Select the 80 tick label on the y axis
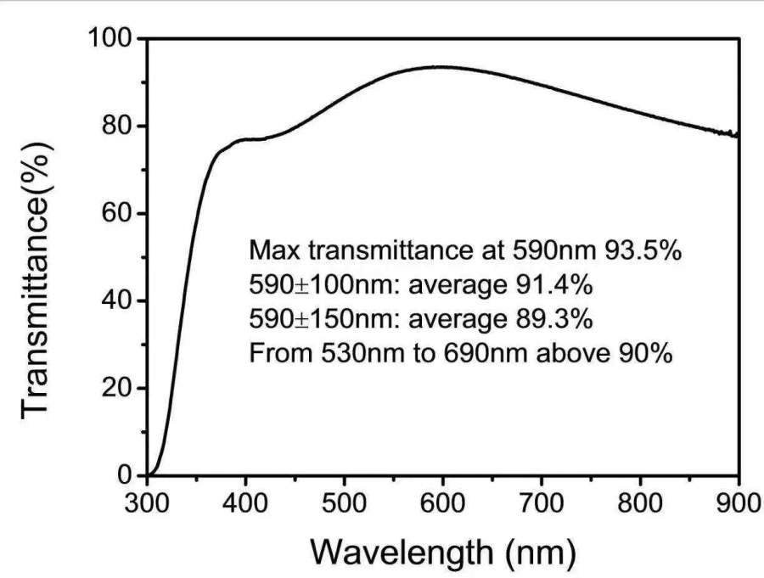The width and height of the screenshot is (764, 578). (118, 126)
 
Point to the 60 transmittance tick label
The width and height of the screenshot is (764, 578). (118, 214)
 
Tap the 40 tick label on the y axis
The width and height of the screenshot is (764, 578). (118, 301)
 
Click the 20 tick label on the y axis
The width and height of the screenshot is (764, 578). (118, 389)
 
